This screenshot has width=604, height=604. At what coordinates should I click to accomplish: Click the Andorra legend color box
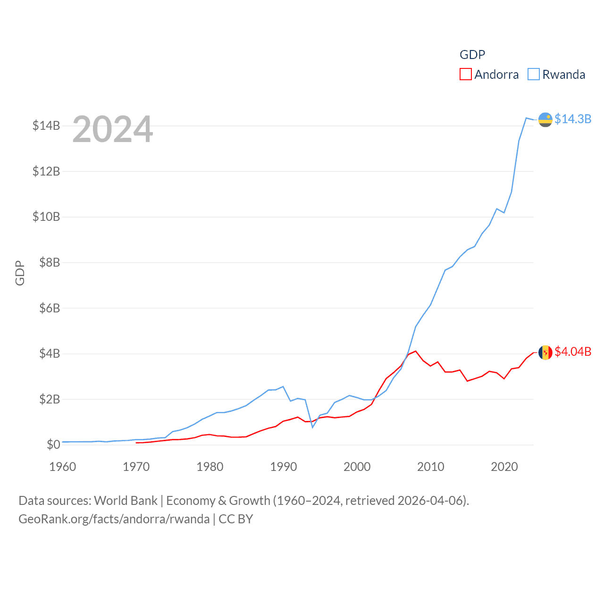point(465,75)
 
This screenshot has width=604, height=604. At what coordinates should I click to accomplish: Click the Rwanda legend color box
point(533,75)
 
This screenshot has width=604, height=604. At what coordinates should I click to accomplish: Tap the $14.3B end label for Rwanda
point(573,119)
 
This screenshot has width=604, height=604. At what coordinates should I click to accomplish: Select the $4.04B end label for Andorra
point(573,352)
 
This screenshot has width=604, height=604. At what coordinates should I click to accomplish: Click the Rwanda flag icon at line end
point(545,120)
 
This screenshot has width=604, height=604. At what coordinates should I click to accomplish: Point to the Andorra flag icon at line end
point(545,352)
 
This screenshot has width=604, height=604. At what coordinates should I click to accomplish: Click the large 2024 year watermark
point(113,129)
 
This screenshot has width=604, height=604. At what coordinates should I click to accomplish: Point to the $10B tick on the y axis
point(46,217)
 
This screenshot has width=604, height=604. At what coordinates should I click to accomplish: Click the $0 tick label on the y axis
point(53,445)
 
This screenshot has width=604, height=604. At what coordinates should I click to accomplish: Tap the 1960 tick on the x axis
point(63,467)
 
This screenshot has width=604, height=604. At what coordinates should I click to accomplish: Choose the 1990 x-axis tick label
point(284,467)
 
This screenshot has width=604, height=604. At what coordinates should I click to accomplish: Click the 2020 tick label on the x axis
point(504,467)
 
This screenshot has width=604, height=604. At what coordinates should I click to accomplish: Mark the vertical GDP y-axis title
point(20,273)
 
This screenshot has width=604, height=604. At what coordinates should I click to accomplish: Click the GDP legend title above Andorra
point(472,55)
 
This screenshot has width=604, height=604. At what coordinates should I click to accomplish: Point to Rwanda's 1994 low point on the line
point(312,428)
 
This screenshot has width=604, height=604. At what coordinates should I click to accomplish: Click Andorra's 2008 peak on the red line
point(415,351)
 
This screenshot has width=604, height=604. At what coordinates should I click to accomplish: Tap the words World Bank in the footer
point(126,501)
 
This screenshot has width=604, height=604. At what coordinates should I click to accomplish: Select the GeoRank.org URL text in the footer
point(114,519)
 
